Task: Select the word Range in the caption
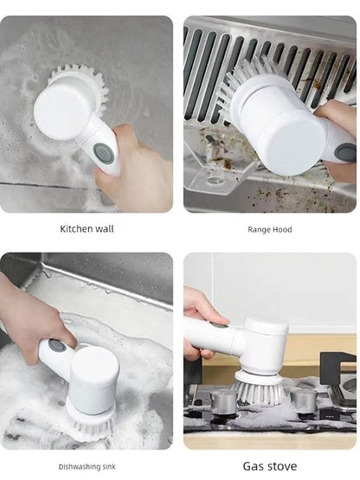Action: tap(259, 229)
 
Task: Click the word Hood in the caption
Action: tap(282, 229)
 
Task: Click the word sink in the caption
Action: tap(109, 466)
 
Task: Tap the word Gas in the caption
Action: tap(253, 466)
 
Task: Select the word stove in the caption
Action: tap(281, 466)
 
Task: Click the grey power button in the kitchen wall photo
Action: tap(104, 152)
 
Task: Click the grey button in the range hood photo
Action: tap(346, 152)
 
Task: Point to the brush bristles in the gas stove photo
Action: tap(259, 390)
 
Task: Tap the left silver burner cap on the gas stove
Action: tap(223, 401)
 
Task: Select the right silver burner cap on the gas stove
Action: tap(304, 400)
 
